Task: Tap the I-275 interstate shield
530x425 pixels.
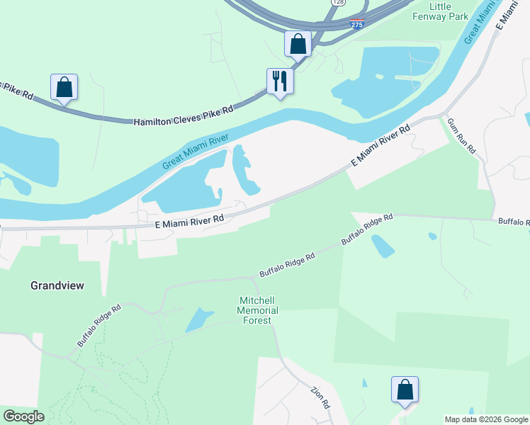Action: (358, 24)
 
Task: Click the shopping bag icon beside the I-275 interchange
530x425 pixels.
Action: (298, 43)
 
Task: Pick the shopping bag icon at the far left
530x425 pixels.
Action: (64, 87)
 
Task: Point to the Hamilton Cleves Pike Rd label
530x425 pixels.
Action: (184, 117)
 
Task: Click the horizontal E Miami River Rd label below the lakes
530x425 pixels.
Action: (189, 221)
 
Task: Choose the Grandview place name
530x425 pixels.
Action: (57, 285)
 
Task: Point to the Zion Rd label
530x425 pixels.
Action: (321, 397)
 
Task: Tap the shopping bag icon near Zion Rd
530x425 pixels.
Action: (405, 390)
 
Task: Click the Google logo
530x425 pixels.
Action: (24, 416)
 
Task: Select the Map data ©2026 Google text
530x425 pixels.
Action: (486, 419)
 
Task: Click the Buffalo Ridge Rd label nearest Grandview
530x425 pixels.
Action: (100, 326)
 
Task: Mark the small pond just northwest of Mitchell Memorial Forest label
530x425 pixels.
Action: (199, 320)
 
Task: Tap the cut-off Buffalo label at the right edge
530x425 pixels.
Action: (514, 222)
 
